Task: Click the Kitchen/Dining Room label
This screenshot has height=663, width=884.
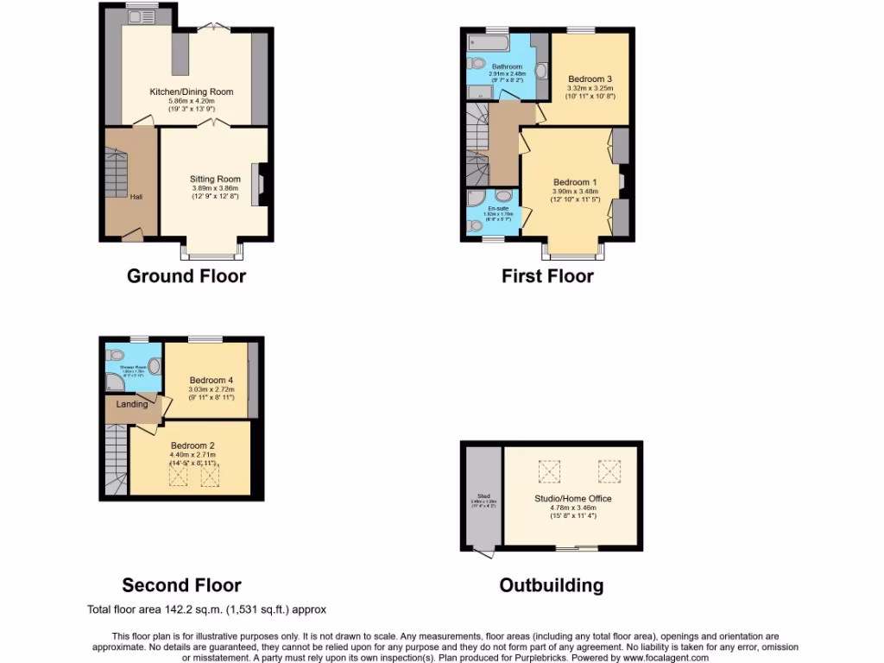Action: (x=191, y=92)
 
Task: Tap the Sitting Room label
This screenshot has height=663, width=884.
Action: (x=215, y=180)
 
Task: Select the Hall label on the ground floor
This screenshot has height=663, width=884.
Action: (x=136, y=197)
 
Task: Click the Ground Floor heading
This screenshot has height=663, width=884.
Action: (x=186, y=276)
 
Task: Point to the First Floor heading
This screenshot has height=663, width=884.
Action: (x=547, y=276)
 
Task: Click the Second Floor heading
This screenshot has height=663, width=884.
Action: (x=181, y=585)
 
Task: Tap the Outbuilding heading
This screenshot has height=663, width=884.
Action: (x=551, y=585)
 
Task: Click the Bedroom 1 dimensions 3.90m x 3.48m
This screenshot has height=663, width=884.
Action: (x=575, y=192)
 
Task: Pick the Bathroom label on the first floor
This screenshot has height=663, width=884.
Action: (x=507, y=66)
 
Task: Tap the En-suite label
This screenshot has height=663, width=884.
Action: (x=498, y=209)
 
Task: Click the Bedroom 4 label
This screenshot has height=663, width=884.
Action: (x=212, y=380)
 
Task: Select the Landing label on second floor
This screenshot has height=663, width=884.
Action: (x=132, y=404)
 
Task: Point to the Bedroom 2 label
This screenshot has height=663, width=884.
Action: (x=192, y=445)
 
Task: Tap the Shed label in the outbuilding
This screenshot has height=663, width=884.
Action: (x=476, y=496)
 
